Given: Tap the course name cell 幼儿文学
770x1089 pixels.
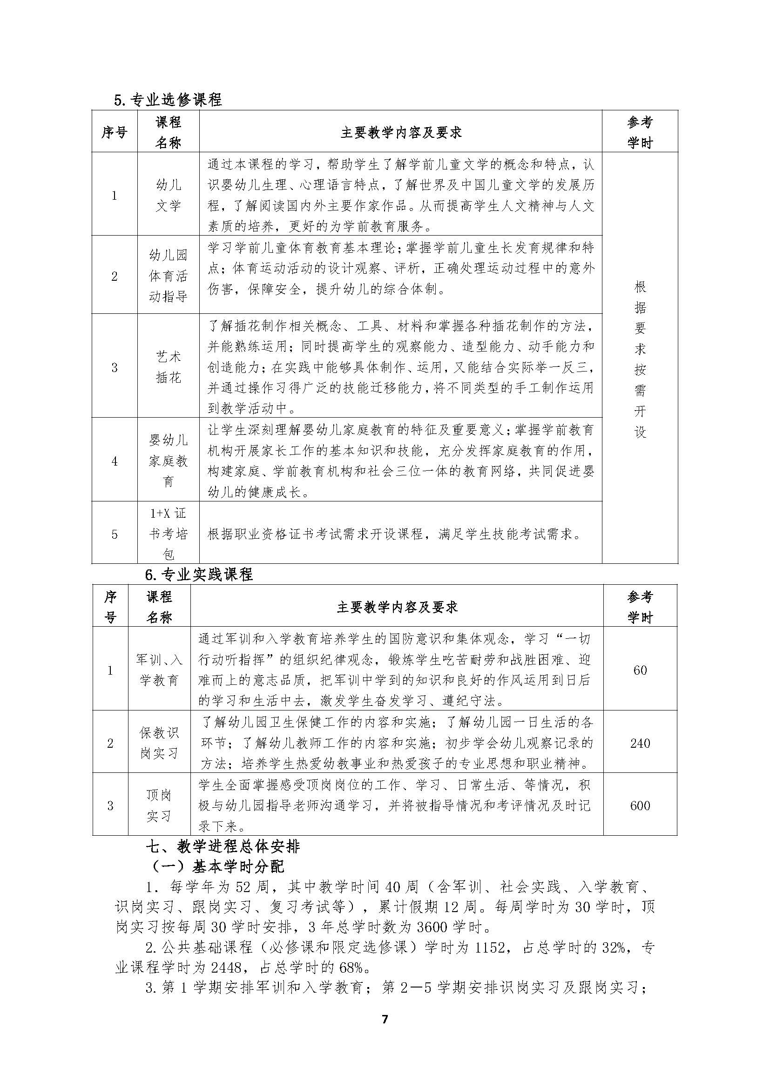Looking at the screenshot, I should [169, 195].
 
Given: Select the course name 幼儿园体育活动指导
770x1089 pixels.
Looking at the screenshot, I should [169, 276].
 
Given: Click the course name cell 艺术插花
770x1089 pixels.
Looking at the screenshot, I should [169, 366].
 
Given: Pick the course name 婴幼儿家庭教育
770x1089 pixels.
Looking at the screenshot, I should [169, 460].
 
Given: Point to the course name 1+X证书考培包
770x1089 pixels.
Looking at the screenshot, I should [169, 533].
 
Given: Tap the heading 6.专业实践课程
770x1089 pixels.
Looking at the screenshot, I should [199, 575].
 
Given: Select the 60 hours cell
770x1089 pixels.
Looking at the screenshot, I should [640, 670].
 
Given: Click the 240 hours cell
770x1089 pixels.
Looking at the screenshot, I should [640, 743].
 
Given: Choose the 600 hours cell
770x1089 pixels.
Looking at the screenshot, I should [640, 805].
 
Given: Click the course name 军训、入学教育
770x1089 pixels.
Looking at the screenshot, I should [159, 670].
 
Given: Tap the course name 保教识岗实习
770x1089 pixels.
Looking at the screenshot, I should [159, 743].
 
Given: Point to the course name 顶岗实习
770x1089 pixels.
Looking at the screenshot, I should [159, 805].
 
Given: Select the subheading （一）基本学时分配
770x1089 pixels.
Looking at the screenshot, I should [217, 866].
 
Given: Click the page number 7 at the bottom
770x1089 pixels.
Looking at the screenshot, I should [385, 1019].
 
